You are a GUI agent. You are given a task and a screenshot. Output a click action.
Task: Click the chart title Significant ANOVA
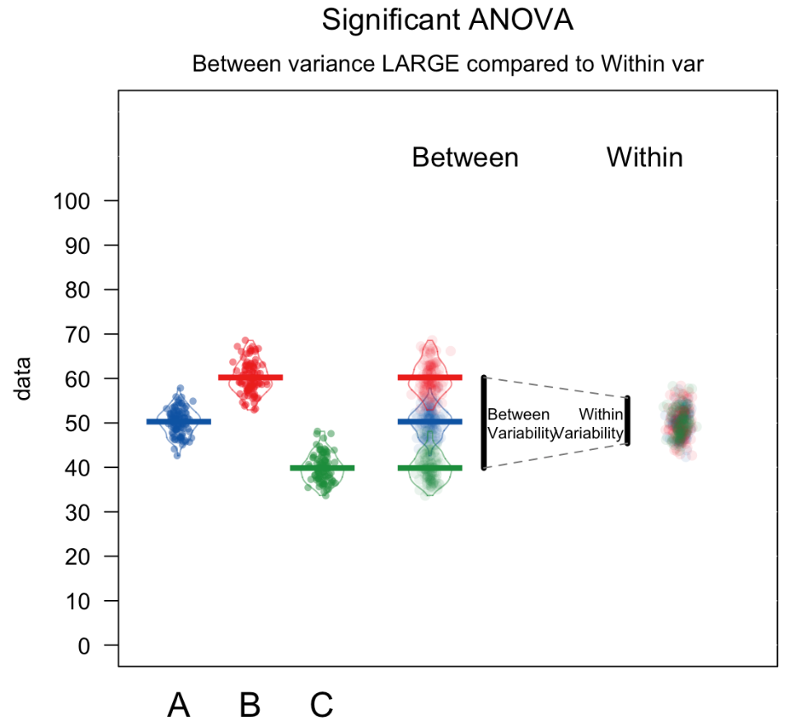point(447,21)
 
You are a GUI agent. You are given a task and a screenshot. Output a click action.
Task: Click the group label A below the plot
point(179,705)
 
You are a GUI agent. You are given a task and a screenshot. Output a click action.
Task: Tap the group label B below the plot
point(250,705)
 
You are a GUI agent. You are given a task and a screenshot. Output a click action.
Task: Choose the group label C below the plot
point(321,705)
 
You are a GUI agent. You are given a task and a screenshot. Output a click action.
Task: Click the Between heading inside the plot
point(465,157)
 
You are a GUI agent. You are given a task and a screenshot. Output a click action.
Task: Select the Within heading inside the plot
point(644,157)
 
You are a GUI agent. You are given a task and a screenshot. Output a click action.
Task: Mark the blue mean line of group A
point(179,421)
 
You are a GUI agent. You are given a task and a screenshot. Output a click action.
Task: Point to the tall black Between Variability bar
point(484,422)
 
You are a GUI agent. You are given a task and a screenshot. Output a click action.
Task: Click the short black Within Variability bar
point(627,420)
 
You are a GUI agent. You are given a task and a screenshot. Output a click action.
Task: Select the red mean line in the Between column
point(429,377)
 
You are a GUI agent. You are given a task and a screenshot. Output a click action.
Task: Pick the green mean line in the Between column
point(429,467)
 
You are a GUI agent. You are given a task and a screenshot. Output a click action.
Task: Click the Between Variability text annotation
point(519,424)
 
